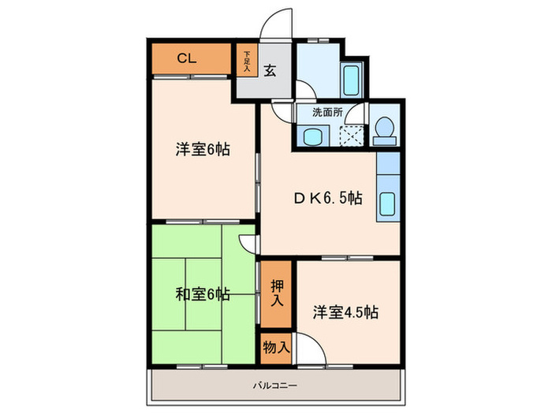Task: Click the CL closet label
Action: coord(187,58)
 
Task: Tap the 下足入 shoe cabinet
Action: coord(247,59)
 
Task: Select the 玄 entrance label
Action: coord(270,71)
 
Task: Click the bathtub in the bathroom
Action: coord(352,81)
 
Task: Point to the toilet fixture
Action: coord(385,131)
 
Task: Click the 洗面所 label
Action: coord(327,113)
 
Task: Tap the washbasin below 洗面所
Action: coord(313,136)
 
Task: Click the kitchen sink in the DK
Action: coord(388,204)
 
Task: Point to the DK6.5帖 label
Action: coord(328,198)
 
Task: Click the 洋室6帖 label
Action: coord(203,149)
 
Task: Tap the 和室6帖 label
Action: coord(203,294)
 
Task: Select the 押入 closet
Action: coord(276,294)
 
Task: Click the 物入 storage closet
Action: coord(276,349)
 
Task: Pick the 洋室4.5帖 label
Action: coord(345,312)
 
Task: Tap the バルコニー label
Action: coord(275,386)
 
